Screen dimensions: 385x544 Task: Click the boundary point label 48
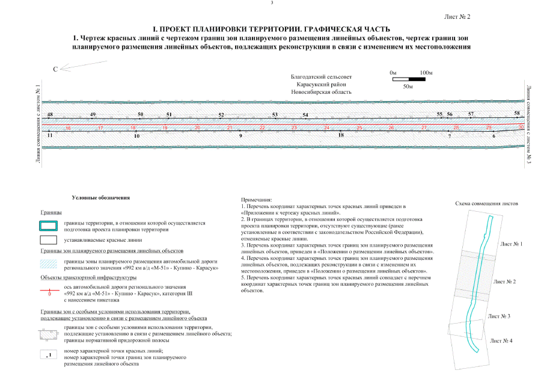[x=50, y=114]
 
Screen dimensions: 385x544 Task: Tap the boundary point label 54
[x=305, y=115]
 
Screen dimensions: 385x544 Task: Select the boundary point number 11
[x=50, y=136]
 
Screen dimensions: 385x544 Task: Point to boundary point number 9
[x=240, y=137]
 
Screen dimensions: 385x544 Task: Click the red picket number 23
[x=294, y=128]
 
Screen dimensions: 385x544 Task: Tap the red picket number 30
[x=521, y=127]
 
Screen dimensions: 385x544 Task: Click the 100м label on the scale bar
[x=426, y=73]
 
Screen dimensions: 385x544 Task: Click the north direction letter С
[x=55, y=70]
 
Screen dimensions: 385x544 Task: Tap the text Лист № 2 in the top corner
[x=457, y=16]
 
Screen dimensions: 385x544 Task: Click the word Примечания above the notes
[x=256, y=200]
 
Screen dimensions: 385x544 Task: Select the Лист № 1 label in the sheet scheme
[x=512, y=244]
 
